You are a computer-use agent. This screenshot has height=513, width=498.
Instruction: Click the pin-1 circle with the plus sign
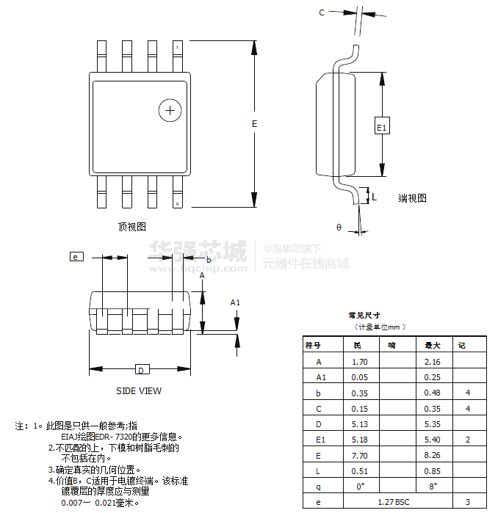point(170,110)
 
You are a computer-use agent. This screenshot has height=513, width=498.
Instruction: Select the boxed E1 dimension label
point(381,128)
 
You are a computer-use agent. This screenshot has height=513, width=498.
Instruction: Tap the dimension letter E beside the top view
point(255,124)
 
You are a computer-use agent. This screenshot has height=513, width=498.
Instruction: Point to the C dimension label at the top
point(322,12)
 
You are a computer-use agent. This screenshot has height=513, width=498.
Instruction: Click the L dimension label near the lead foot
point(374,197)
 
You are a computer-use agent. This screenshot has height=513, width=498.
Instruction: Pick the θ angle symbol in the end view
point(339,228)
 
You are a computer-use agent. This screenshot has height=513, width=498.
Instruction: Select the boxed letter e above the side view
point(76,257)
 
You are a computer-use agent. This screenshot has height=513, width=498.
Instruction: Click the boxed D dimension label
point(142,369)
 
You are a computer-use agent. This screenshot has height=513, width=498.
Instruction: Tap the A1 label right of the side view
point(236,302)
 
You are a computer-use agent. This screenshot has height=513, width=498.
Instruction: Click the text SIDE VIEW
point(139,391)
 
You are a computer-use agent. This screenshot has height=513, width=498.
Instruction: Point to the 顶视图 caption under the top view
point(132,226)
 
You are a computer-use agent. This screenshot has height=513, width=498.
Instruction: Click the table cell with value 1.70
point(360,362)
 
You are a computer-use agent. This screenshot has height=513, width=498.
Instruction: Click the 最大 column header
point(433,345)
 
